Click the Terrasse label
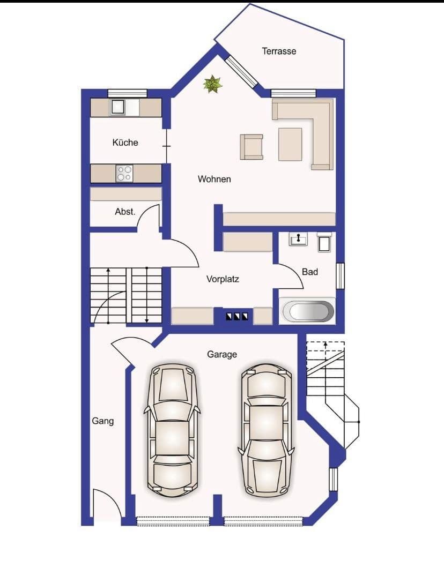point(279,51)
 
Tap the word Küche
point(125,143)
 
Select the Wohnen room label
point(214,179)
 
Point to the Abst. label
point(125,212)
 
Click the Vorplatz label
point(223,279)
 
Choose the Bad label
point(310,272)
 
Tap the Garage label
point(222,354)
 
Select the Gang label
point(102,421)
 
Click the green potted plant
point(213,84)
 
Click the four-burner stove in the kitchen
point(124,174)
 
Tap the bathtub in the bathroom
point(308,311)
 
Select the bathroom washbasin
point(298,239)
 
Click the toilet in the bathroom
point(324,242)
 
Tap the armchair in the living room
point(251,147)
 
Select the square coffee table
point(290,144)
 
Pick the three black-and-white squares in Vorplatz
point(236,316)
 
